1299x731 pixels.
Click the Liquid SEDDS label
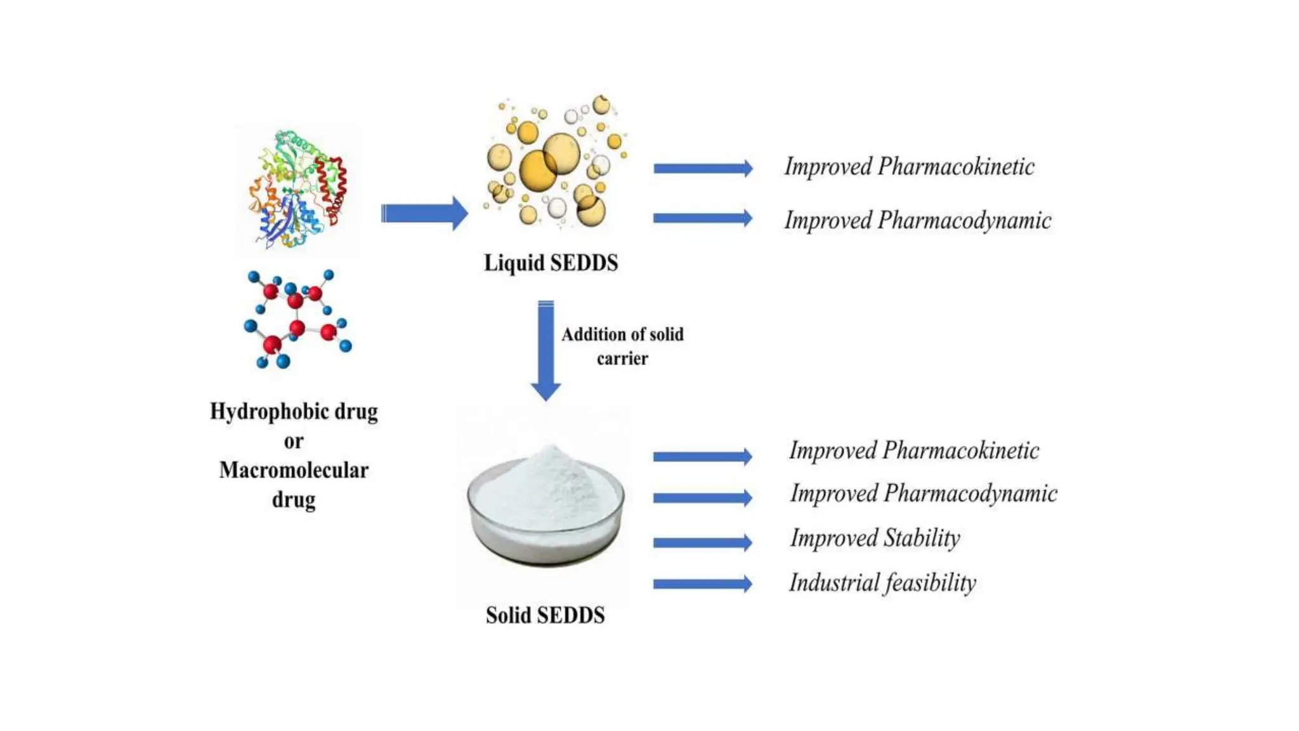click(551, 263)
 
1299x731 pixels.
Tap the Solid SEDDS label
click(545, 615)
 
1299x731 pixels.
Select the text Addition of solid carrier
click(622, 346)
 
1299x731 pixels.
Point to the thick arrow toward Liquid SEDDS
click(424, 213)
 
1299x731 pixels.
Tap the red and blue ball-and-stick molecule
click(296, 319)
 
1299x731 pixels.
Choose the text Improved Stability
click(875, 538)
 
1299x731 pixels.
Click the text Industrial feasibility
click(882, 583)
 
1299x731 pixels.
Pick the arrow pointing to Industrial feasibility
click(703, 584)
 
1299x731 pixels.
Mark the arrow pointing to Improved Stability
click(703, 543)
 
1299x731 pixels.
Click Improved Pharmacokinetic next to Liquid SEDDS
click(909, 167)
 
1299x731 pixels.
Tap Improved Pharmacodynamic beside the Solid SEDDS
click(923, 494)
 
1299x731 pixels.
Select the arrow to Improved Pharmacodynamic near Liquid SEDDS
click(703, 218)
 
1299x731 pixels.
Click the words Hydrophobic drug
click(294, 412)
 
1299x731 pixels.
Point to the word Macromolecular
click(294, 470)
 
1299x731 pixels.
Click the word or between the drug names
click(293, 442)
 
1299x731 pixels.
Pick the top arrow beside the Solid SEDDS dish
click(703, 456)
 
